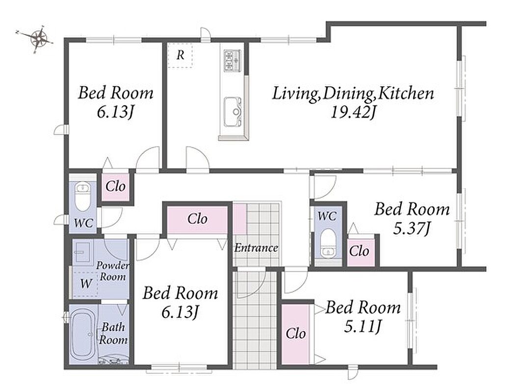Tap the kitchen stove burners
pyautogui.click(x=232, y=60)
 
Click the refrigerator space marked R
pyautogui.click(x=180, y=55)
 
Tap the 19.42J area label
pyautogui.click(x=353, y=113)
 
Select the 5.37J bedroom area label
pyautogui.click(x=412, y=229)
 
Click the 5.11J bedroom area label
pyautogui.click(x=363, y=327)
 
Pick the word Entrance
pyautogui.click(x=256, y=248)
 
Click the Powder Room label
pyautogui.click(x=113, y=271)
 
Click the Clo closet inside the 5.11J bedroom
pyautogui.click(x=296, y=334)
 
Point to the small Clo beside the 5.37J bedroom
pyautogui.click(x=359, y=252)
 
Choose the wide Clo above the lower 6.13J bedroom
pyautogui.click(x=197, y=220)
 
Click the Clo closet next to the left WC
pyautogui.click(x=115, y=187)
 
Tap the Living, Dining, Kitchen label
pyautogui.click(x=353, y=94)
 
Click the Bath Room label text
pyautogui.click(x=113, y=333)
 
